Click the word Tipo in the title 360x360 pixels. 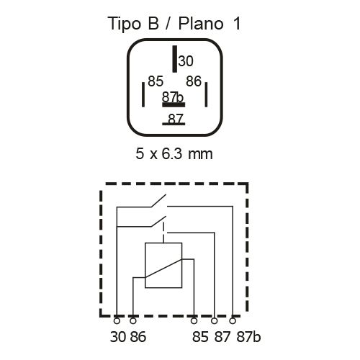pyautogui.click(x=125, y=24)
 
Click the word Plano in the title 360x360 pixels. pyautogui.click(x=201, y=24)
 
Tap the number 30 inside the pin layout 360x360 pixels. pyautogui.click(x=186, y=61)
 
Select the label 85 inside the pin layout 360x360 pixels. pyautogui.click(x=156, y=81)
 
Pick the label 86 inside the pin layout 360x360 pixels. pyautogui.click(x=194, y=81)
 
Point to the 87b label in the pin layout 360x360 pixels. pyautogui.click(x=173, y=97)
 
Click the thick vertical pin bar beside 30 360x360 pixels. pyautogui.click(x=175, y=59)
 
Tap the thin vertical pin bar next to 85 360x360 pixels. pyautogui.click(x=143, y=94)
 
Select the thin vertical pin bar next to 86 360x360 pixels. pyautogui.click(x=206, y=94)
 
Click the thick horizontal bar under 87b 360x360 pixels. pyautogui.click(x=174, y=105)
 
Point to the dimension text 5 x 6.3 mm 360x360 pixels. pyautogui.click(x=174, y=153)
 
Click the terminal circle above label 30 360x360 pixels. pyautogui.click(x=117, y=320)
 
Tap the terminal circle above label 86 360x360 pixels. pyautogui.click(x=133, y=320)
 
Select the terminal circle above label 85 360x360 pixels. pyautogui.click(x=194, y=320)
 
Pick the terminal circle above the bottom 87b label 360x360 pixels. pyautogui.click(x=233, y=320)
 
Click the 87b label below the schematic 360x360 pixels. pyautogui.click(x=248, y=336)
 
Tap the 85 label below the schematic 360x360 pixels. pyautogui.click(x=200, y=337)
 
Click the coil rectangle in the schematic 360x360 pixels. pyautogui.click(x=163, y=265)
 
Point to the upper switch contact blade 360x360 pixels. pyautogui.click(x=158, y=201)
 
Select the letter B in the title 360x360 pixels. pyautogui.click(x=153, y=24)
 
